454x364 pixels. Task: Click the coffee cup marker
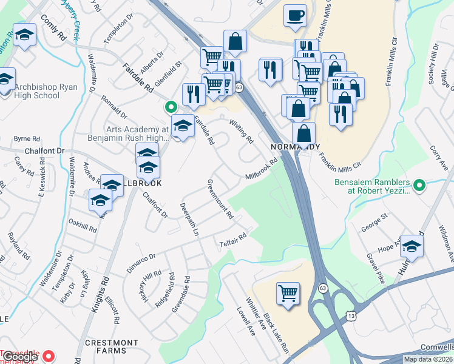(295, 16)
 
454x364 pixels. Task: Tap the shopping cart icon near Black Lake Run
(288, 294)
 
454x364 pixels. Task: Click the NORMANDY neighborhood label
(295, 147)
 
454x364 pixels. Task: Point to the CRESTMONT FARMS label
(112, 346)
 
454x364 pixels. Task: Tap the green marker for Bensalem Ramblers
(419, 184)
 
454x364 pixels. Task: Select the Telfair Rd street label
(233, 241)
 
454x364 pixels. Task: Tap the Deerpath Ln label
(189, 219)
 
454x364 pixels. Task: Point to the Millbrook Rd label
(261, 169)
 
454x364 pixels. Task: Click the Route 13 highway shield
(352, 317)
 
